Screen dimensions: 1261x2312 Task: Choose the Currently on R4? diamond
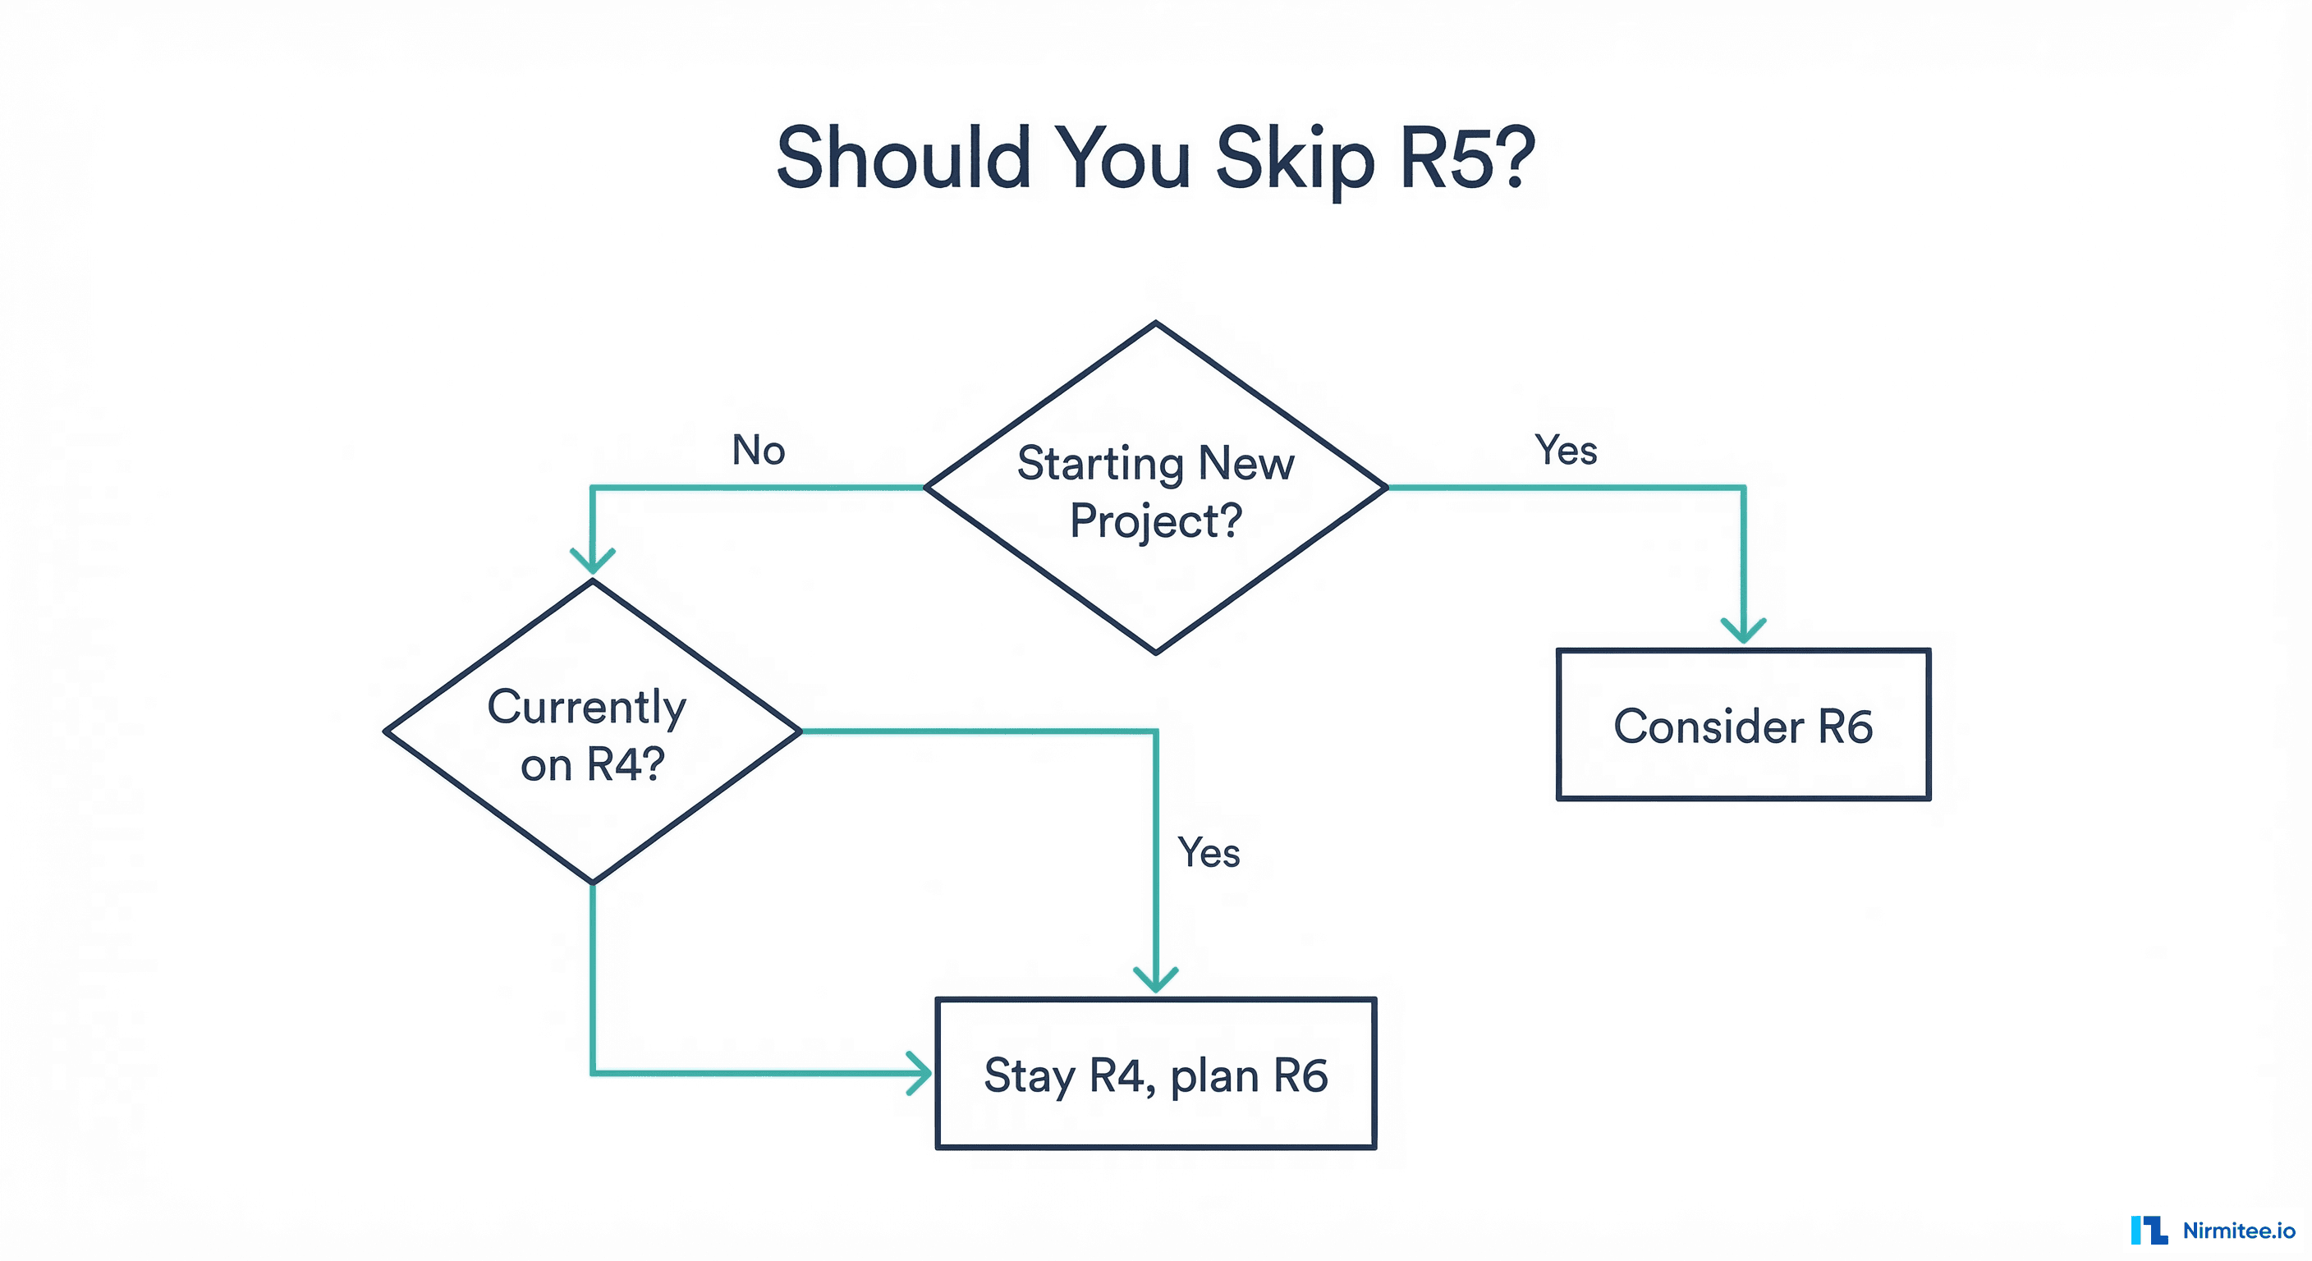coord(592,732)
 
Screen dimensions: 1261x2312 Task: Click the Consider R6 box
coord(1742,724)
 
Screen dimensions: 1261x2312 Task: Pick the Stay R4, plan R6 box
coord(1155,1074)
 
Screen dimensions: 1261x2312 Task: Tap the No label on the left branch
coord(759,450)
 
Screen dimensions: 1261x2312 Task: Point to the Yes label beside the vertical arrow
coord(1208,851)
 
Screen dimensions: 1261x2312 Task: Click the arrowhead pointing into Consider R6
coord(1743,631)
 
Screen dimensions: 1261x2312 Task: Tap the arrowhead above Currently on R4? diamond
coord(592,561)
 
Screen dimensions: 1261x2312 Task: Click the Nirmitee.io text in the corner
coord(2238,1231)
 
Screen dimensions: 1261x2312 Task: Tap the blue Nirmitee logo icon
coord(2149,1230)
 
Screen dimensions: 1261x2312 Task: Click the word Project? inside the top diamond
coord(1155,521)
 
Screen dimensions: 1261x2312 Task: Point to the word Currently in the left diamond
coord(586,707)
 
